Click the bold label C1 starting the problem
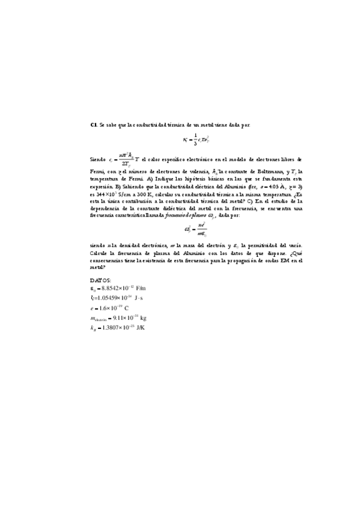93,124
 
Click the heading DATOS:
100,280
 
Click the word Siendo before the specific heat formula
97,159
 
